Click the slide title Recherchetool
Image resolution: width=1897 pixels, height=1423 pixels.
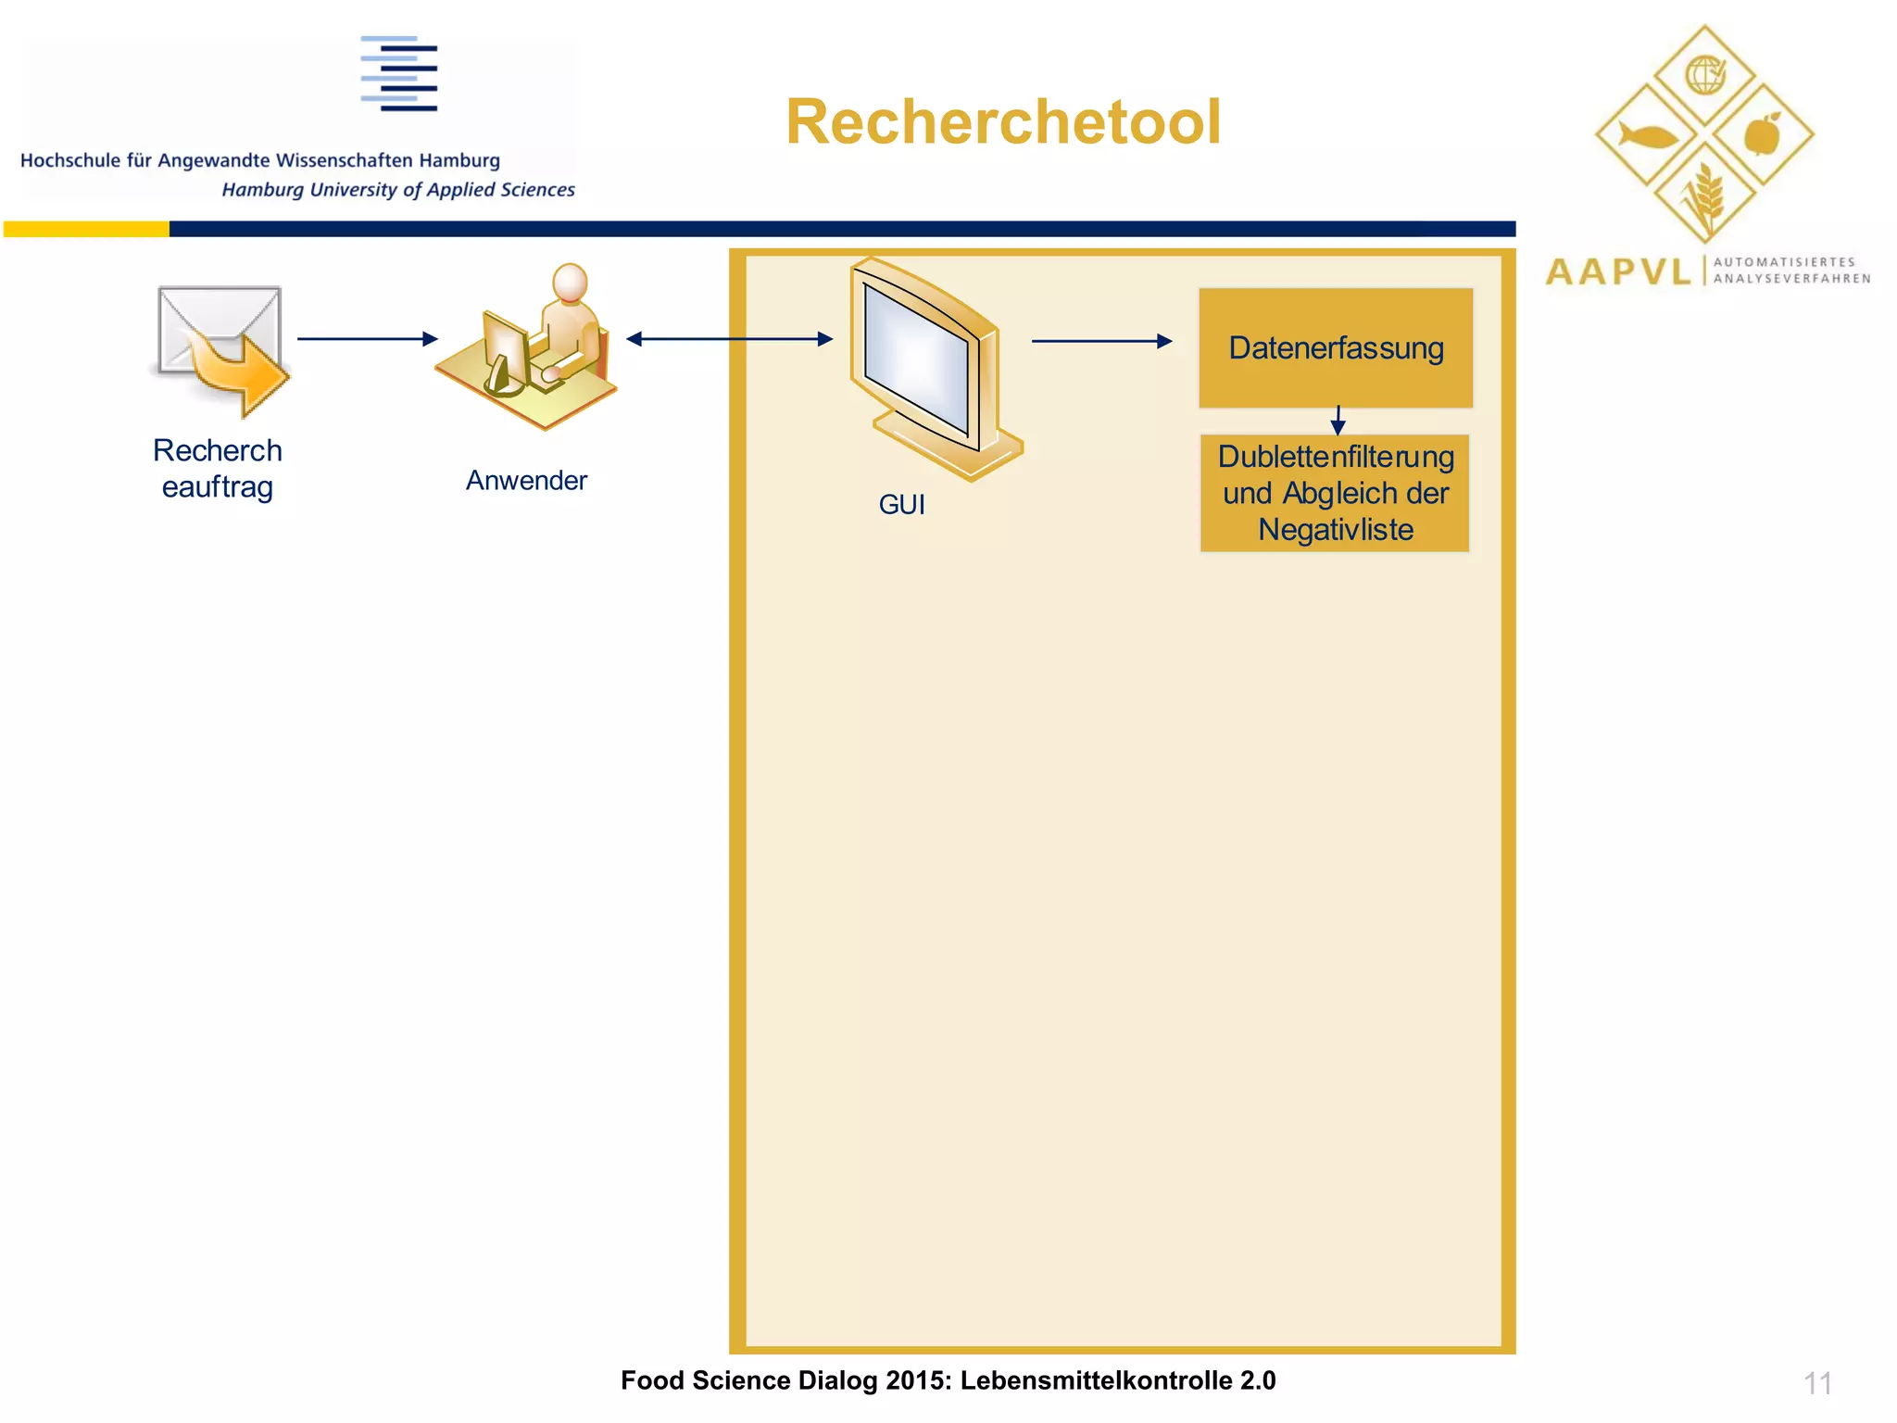pos(1003,122)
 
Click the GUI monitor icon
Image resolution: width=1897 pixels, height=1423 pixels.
pos(931,371)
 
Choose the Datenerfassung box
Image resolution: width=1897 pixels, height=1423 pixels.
pos(1336,348)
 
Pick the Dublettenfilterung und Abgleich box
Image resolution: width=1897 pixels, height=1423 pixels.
pos(1335,493)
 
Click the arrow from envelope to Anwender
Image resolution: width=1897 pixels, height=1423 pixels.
pos(367,339)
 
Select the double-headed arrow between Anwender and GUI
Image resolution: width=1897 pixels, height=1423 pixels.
pos(729,339)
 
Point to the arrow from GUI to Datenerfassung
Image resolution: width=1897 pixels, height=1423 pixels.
pos(1101,341)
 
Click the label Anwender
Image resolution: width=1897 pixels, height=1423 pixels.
pos(526,481)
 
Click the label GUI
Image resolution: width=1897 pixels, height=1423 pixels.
pos(901,505)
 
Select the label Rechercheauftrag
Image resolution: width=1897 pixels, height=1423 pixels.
pos(218,469)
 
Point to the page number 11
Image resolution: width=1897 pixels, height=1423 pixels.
pos(1817,1383)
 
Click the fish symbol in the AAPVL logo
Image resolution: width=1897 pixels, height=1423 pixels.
pos(1647,136)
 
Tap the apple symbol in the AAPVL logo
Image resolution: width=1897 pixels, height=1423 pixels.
pos(1763,135)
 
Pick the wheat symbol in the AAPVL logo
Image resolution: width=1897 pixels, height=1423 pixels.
pos(1704,196)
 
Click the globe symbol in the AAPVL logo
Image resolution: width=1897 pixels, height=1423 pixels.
pos(1704,75)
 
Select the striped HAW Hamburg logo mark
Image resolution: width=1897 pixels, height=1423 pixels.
pos(399,74)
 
